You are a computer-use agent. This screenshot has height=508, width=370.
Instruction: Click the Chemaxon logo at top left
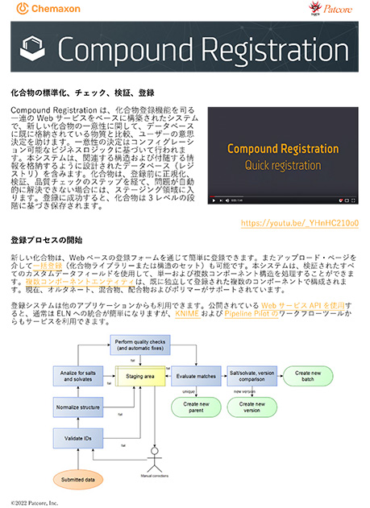(x=48, y=10)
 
